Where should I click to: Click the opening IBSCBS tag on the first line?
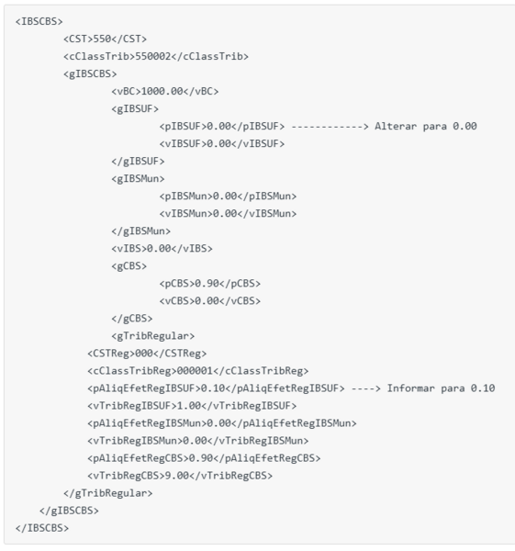(x=39, y=21)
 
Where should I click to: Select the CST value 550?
(x=102, y=39)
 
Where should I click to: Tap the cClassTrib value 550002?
(x=153, y=56)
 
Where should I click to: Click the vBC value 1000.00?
(x=162, y=91)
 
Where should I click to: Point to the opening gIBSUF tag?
(x=135, y=109)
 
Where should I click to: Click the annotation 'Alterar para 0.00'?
(x=426, y=126)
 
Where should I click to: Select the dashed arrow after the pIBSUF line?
(x=330, y=127)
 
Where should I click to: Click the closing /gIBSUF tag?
(x=138, y=162)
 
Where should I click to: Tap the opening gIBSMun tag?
(x=138, y=179)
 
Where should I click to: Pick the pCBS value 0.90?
(x=207, y=284)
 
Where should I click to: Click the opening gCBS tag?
(x=129, y=266)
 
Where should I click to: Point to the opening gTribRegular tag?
(x=152, y=336)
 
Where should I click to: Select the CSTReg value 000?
(x=144, y=354)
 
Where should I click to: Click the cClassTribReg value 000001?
(x=195, y=371)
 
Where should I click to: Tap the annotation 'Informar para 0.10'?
(x=442, y=388)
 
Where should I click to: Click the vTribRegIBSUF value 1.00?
(x=189, y=406)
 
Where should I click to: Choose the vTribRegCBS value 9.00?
(x=177, y=476)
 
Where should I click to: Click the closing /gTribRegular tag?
(x=108, y=493)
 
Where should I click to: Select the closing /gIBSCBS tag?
(x=69, y=511)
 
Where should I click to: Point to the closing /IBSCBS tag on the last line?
(x=42, y=528)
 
